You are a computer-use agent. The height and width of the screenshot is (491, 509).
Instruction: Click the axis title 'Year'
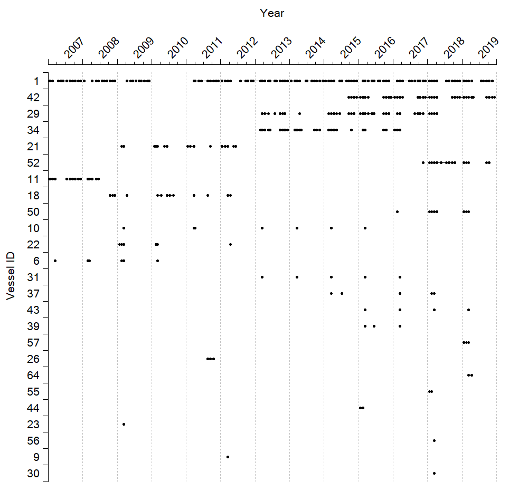coord(272,13)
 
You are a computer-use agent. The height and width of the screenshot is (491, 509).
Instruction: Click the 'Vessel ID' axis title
coord(11,276)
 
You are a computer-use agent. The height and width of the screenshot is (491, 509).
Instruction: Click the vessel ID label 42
coord(33,98)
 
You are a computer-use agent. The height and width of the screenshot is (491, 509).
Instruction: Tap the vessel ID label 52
coord(33,163)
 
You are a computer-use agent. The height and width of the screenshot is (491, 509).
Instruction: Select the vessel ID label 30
coord(33,474)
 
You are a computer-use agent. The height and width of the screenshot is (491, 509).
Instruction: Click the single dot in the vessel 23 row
coord(124,424)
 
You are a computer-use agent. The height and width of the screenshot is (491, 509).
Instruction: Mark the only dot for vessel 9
coord(228,457)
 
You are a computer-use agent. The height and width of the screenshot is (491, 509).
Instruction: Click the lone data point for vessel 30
coord(435,473)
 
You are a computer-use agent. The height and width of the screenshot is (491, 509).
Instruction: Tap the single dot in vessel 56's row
coord(435,440)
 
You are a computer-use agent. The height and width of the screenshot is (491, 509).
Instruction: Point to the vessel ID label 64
coord(33,376)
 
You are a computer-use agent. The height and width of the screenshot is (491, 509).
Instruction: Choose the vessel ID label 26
coord(33,359)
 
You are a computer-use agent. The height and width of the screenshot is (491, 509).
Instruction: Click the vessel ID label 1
coord(36,81)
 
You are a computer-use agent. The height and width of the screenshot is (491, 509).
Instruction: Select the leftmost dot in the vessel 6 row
coord(55,261)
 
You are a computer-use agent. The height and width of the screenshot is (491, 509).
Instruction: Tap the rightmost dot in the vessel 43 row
coord(468,310)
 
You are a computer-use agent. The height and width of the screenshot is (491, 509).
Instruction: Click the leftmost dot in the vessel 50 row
coord(397,211)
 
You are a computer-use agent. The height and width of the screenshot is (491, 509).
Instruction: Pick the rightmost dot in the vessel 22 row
coord(230,244)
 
